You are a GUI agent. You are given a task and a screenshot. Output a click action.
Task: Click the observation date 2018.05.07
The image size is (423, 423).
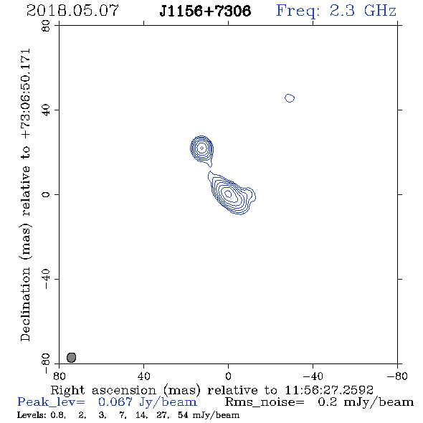click(x=72, y=11)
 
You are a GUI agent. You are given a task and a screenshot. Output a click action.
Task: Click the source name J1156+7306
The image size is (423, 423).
click(x=205, y=11)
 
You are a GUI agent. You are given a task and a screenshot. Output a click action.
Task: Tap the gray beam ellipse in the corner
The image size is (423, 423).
click(x=71, y=358)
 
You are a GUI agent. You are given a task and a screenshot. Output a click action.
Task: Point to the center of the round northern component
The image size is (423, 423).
click(x=201, y=148)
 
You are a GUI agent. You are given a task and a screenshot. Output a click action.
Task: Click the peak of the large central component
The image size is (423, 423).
click(x=228, y=194)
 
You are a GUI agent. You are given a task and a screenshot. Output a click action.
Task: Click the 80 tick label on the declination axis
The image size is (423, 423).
click(x=46, y=26)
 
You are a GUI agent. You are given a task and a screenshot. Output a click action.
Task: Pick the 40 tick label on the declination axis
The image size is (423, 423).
click(x=46, y=110)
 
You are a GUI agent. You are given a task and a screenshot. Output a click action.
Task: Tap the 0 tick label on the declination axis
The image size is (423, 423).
click(x=46, y=194)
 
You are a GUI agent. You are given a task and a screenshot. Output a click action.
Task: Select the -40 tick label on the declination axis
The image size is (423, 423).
click(x=46, y=279)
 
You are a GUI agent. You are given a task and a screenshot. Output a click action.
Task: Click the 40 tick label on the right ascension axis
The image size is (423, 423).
click(x=143, y=376)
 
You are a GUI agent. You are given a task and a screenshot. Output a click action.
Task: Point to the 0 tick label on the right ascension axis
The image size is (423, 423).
click(x=228, y=376)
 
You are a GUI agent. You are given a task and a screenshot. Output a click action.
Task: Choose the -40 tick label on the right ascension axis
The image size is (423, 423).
click(x=313, y=376)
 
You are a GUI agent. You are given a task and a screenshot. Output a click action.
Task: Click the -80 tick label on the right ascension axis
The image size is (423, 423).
click(x=397, y=376)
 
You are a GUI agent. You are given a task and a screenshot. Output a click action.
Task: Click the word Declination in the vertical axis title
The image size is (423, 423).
click(x=25, y=304)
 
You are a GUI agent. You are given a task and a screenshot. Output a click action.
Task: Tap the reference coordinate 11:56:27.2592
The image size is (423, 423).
click(x=329, y=390)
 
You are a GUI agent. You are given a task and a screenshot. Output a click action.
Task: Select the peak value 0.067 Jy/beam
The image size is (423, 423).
click(x=148, y=402)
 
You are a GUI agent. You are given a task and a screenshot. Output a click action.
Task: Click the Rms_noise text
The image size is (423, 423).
click(x=265, y=402)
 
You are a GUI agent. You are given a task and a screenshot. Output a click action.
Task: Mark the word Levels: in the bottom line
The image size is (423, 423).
click(x=28, y=415)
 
